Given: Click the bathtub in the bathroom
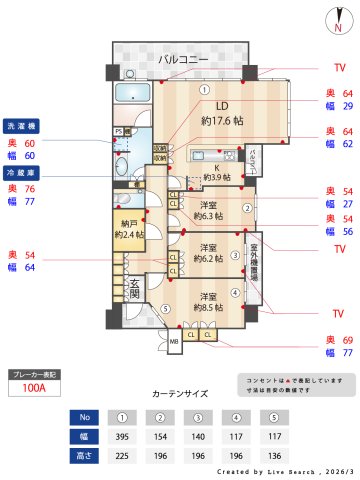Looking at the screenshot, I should [132, 94].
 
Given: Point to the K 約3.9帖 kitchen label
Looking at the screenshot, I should [217, 171].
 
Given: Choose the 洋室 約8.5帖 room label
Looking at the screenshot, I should [208, 302].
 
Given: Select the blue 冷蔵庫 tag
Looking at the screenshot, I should [22, 173].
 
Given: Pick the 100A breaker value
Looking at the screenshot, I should [33, 390].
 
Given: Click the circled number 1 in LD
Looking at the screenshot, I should [204, 89].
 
